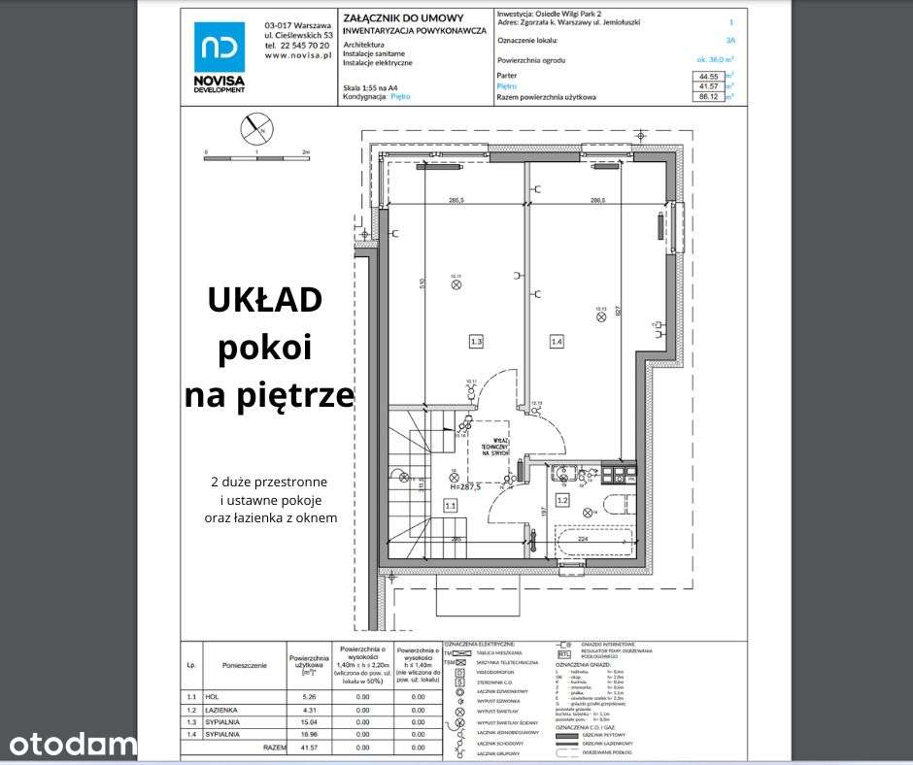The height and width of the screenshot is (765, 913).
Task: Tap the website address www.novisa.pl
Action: coord(298,56)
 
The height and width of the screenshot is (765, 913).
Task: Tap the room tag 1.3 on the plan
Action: coord(476,342)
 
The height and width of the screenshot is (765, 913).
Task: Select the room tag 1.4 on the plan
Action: coord(557,342)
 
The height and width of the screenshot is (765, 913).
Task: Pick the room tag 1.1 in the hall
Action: coord(450,505)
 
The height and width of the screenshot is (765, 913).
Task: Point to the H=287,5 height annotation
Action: coord(463,487)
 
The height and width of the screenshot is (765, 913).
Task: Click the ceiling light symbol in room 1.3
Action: coord(455,286)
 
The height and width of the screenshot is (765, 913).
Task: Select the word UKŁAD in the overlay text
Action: coord(265,301)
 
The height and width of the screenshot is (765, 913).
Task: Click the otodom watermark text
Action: coord(73,744)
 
